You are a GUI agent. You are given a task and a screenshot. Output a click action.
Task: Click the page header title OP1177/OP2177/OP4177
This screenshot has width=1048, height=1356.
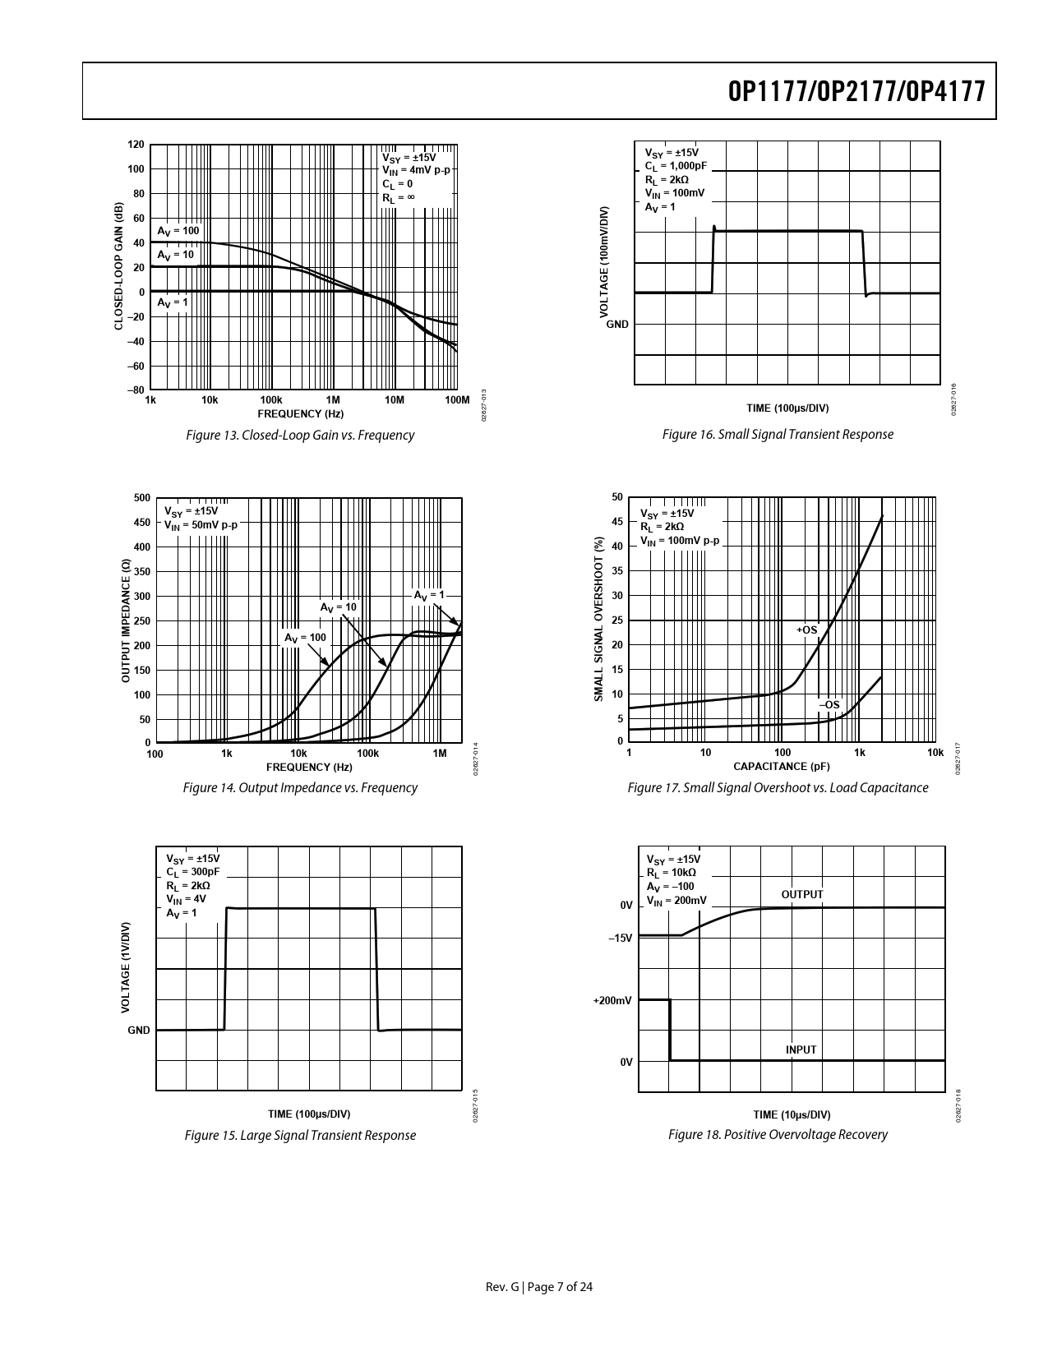click(856, 91)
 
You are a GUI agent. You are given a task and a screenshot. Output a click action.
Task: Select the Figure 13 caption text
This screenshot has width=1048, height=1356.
click(300, 435)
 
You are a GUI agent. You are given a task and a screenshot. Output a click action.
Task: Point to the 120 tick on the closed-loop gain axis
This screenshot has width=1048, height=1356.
click(136, 145)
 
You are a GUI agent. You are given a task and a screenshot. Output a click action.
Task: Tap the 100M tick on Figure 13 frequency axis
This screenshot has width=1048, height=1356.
click(455, 400)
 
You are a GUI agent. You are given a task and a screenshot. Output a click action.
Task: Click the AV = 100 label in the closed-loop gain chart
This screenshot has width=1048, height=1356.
click(178, 231)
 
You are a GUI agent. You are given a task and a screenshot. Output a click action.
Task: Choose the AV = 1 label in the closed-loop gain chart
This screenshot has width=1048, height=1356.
click(173, 302)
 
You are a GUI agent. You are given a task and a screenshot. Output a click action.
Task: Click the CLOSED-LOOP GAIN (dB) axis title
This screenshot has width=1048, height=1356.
click(118, 266)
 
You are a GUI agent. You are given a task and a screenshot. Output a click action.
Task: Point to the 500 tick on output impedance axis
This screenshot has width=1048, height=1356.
click(141, 498)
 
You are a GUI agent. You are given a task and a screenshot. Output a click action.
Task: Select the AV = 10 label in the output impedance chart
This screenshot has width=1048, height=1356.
click(339, 607)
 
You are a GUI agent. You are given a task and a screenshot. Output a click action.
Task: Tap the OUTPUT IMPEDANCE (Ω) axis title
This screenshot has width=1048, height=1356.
click(126, 620)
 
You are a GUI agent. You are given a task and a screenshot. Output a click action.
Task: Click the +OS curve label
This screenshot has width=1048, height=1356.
click(807, 630)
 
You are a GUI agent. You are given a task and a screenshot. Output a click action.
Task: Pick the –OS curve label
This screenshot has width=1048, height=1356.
click(829, 704)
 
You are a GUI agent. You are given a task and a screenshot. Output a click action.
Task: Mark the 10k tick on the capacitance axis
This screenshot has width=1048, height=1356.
click(935, 753)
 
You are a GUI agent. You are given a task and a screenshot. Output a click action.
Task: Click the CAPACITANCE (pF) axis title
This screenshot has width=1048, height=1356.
click(781, 767)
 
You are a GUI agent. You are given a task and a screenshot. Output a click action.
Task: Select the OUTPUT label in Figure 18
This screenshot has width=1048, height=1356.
click(801, 894)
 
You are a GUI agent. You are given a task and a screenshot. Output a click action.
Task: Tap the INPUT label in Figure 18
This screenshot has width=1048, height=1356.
click(801, 1049)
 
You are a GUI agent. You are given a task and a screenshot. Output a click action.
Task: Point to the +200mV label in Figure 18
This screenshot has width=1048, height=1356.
click(612, 1000)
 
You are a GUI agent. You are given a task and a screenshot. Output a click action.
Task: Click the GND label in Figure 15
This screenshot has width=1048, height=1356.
click(139, 1030)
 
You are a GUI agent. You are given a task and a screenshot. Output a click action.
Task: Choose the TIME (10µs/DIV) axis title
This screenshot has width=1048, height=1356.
click(792, 1114)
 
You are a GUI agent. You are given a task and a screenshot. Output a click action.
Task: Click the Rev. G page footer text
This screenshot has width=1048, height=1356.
click(539, 1287)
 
